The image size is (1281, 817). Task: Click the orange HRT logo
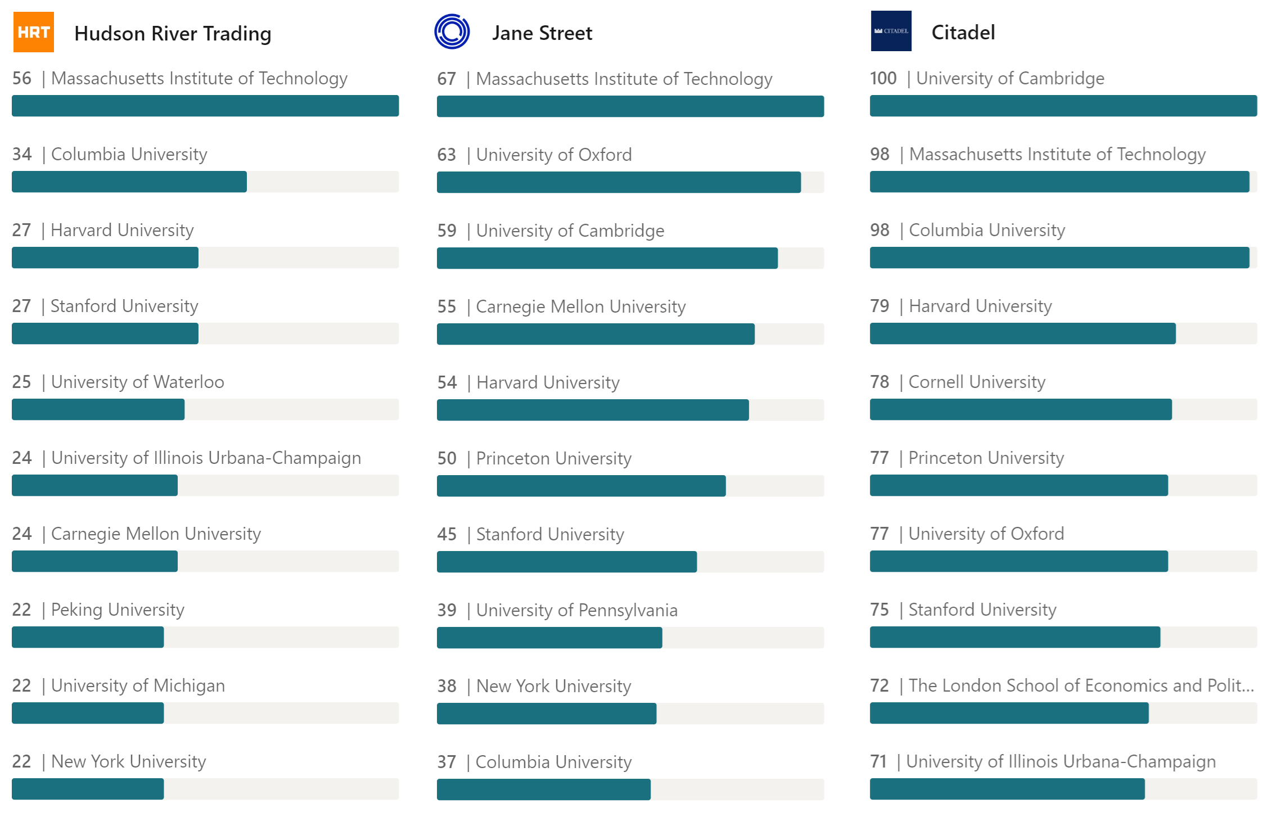coord(34,32)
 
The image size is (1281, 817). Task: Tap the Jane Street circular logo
coord(452,31)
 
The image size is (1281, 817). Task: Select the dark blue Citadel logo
coord(891,31)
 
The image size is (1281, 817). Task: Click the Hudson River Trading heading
coord(173,34)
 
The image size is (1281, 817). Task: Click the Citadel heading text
coord(963,32)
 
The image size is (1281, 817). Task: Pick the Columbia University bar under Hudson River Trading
coord(129,182)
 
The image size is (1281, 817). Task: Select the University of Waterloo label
coord(138,382)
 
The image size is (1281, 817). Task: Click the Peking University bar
coord(88,637)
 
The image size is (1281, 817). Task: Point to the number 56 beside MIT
coord(22,78)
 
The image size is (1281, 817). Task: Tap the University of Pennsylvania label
coord(577,610)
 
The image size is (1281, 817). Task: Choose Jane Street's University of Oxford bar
coord(619,182)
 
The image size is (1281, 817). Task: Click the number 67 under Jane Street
coord(446,79)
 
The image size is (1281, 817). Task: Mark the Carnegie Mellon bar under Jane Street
coord(596,334)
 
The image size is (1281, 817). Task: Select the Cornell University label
coord(977,382)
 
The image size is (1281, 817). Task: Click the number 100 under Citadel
coord(883,78)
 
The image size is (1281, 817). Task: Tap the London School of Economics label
coord(1081,685)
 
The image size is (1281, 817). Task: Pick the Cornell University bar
coord(1021,409)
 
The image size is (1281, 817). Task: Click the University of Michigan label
coord(138,685)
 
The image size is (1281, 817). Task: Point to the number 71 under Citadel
coord(878,761)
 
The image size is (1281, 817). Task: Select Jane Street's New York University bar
coord(547,714)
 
